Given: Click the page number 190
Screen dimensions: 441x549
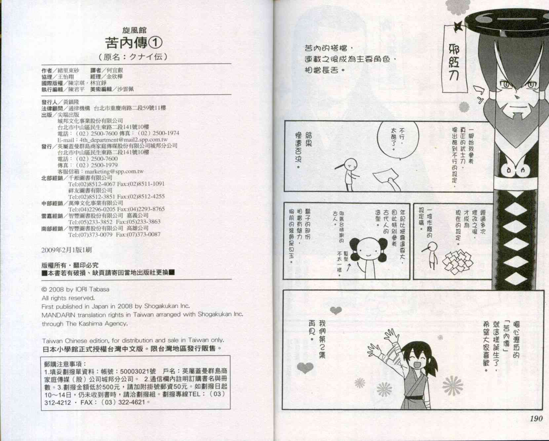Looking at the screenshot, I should (x=536, y=419).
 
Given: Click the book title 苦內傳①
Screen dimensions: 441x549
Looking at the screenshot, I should (x=134, y=42).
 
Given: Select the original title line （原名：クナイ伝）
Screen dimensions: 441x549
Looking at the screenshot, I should (x=134, y=57).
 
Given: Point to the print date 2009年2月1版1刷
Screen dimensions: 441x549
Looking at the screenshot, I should (x=66, y=250).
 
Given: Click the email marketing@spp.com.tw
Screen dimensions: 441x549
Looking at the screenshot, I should (x=114, y=171).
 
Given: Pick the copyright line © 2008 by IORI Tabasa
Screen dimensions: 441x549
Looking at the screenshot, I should (x=75, y=289).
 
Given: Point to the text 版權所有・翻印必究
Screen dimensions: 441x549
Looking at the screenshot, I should (x=70, y=265).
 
